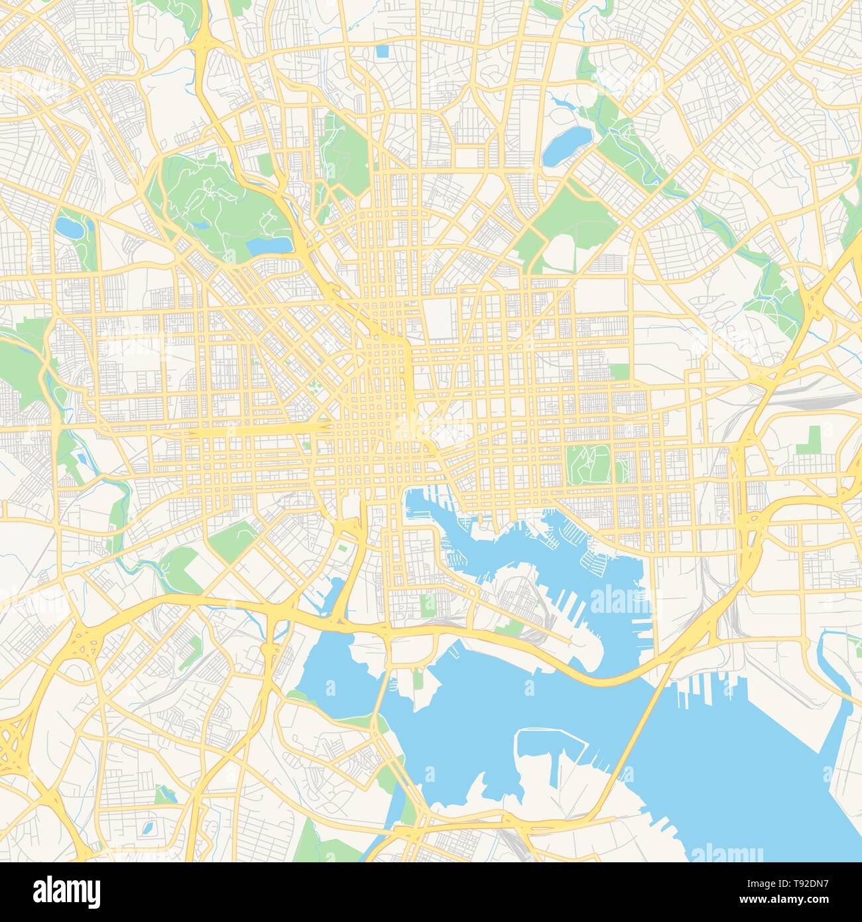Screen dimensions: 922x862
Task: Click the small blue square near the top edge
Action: tap(382, 51)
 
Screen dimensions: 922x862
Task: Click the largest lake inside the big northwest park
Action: tap(269, 245)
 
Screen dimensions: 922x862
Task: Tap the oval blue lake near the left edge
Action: tap(67, 228)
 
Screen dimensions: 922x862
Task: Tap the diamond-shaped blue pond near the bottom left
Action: tap(147, 829)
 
